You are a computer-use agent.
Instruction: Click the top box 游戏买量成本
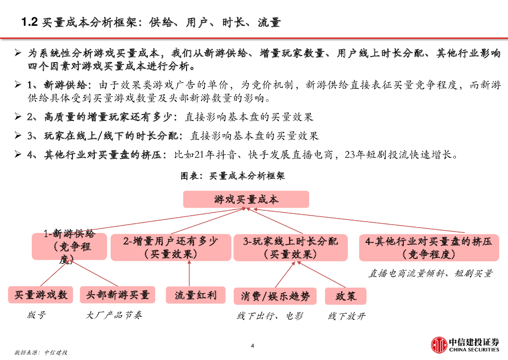coord(246,199)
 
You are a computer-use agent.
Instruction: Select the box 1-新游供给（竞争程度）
coord(69,246)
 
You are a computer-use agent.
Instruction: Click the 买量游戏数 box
coord(41,295)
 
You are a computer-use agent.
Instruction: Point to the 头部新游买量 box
coord(118,295)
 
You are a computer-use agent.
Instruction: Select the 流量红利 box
coord(195,295)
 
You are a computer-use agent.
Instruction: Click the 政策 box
coord(346,296)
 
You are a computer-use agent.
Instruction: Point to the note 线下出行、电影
coord(269,316)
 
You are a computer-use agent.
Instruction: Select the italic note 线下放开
coord(346,316)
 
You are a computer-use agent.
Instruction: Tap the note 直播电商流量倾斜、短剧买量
coord(430,273)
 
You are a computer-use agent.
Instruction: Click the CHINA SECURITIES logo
coord(465,345)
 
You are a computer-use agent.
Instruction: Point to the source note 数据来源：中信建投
coord(41,353)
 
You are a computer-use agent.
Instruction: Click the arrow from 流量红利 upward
coord(189,274)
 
